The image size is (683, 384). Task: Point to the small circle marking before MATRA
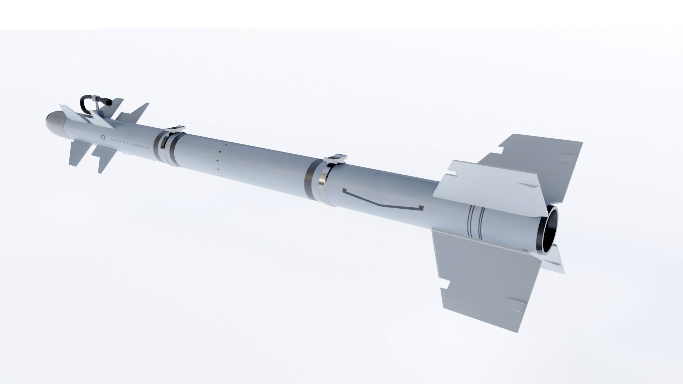[x=103, y=137]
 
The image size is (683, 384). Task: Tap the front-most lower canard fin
[x=76, y=153]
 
